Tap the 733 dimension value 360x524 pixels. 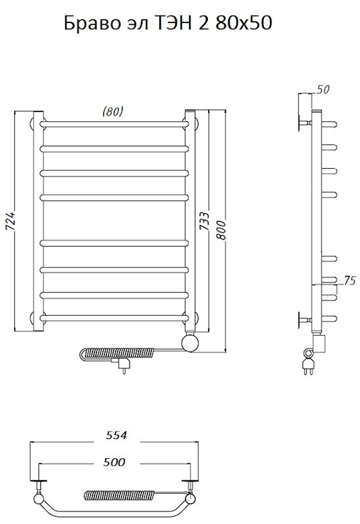coord(205,221)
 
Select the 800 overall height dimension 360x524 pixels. coord(221,230)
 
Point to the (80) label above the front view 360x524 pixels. coord(113,111)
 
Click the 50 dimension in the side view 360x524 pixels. coord(323,89)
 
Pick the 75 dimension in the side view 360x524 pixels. coord(349,281)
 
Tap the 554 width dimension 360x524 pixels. coord(116,435)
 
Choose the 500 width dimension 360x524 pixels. coord(114,462)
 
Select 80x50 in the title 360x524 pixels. coord(243,23)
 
